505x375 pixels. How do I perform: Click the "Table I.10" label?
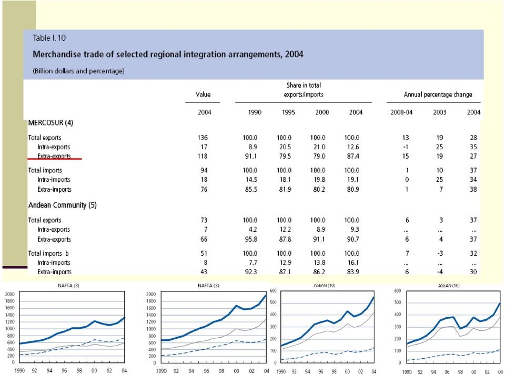click(49, 38)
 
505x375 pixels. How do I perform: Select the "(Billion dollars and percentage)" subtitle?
click(78, 71)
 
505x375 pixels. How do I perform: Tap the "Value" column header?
click(203, 94)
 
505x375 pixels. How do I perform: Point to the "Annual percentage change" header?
click(438, 95)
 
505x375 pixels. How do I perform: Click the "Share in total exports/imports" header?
click(304, 90)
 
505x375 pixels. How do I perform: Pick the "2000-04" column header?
click(401, 112)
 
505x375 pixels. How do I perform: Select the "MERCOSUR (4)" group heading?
click(50, 123)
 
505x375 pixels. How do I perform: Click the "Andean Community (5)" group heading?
click(63, 205)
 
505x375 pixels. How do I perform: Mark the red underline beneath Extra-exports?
click(55, 159)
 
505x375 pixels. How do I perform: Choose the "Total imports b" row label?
click(48, 254)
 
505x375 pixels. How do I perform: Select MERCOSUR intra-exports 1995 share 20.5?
click(285, 147)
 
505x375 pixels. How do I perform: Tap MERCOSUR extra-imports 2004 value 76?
click(204, 190)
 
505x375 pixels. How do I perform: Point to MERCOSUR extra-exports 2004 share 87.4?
click(352, 157)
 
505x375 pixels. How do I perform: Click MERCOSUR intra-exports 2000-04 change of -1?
click(406, 147)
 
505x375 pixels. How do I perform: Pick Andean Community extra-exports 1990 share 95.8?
click(251, 239)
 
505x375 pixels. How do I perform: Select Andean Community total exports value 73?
click(204, 220)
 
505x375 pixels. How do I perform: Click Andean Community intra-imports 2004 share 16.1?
click(353, 263)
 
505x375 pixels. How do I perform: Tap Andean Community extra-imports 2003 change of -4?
click(440, 272)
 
